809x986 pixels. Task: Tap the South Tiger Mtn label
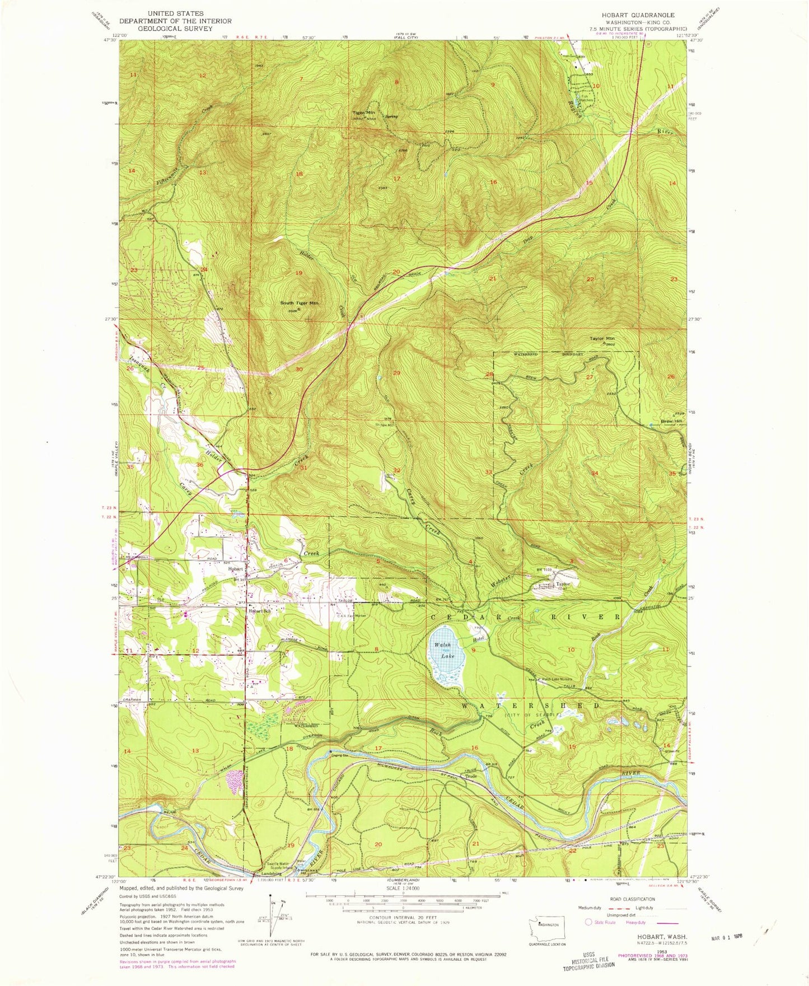tap(299, 303)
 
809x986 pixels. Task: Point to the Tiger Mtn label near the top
tap(363, 112)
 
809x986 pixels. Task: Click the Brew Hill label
tap(671, 421)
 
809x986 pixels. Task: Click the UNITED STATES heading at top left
tap(176, 13)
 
